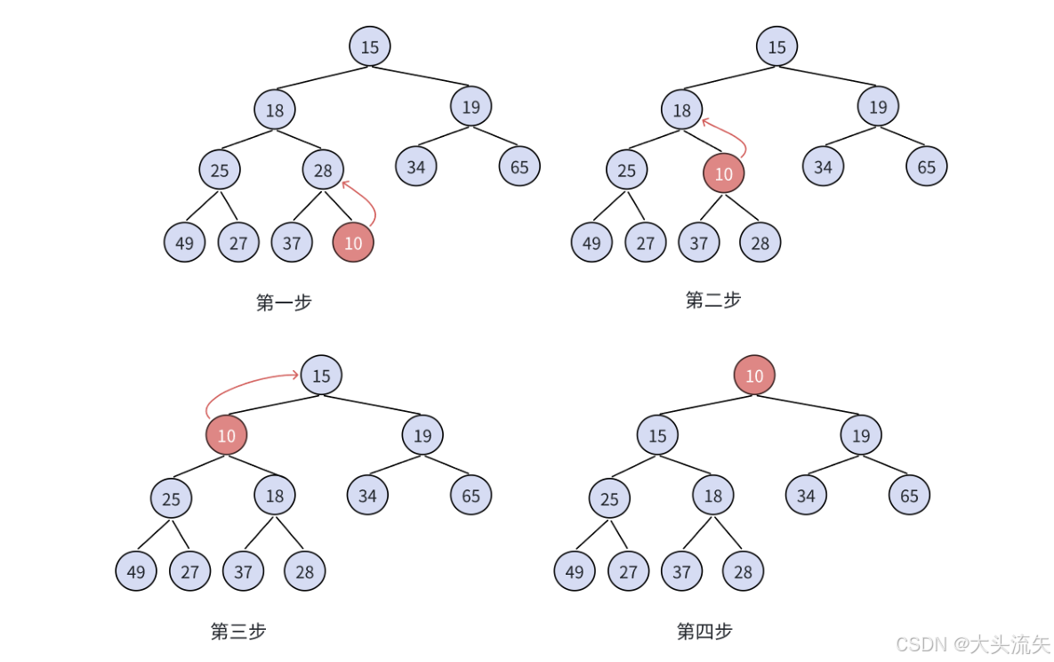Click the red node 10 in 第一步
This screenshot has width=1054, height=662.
point(353,243)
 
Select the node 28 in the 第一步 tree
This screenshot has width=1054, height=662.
point(323,170)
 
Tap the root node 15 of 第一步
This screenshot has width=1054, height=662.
point(370,47)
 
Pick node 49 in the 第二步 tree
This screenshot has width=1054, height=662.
point(591,243)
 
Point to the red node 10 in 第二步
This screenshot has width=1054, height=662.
point(723,174)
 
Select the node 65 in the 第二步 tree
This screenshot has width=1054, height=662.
point(927,167)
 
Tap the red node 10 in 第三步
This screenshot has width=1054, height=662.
point(227,436)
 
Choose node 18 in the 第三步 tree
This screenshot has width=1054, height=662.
point(275,496)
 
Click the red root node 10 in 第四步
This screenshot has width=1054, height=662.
point(754,375)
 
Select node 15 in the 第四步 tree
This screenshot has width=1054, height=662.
point(657,436)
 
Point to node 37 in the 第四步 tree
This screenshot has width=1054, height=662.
point(681,572)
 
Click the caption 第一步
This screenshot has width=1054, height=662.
point(284,303)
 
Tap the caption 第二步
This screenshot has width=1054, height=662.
point(713,300)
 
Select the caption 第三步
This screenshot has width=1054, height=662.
point(238,632)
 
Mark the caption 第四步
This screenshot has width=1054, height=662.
point(704,632)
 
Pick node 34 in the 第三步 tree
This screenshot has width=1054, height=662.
point(367,496)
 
